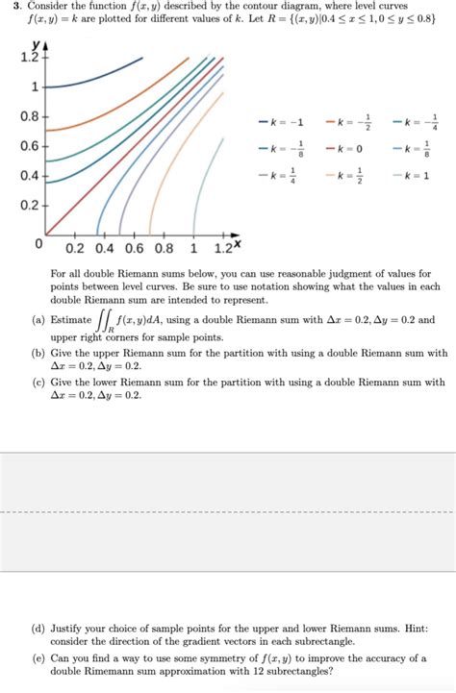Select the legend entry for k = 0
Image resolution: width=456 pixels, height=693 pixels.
pos(345,149)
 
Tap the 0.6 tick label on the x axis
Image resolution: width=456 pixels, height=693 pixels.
pos(133,247)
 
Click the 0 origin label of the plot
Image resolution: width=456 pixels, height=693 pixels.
pos(38,244)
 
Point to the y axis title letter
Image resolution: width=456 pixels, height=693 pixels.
pos(36,45)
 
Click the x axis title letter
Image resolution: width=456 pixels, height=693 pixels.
pos(236,243)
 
